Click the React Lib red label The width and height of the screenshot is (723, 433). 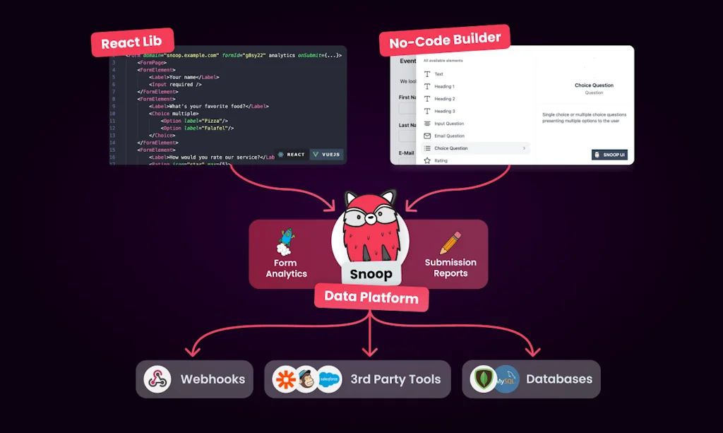pyautogui.click(x=132, y=42)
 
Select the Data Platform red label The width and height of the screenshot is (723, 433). pyautogui.click(x=371, y=297)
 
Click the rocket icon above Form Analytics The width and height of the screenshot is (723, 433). pyautogui.click(x=285, y=242)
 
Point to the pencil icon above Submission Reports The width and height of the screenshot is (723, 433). pyautogui.click(x=450, y=242)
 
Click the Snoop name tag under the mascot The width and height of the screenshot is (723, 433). pyautogui.click(x=371, y=274)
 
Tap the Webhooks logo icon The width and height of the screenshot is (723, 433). pyautogui.click(x=157, y=379)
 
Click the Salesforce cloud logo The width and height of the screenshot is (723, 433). pyautogui.click(x=329, y=379)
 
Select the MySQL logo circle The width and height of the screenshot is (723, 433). pyautogui.click(x=506, y=379)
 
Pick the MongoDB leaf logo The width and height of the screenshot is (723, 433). pyautogui.click(x=484, y=379)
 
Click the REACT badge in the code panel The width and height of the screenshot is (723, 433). pyautogui.click(x=291, y=154)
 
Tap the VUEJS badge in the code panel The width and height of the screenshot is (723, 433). pyautogui.click(x=326, y=154)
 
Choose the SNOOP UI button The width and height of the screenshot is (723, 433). pyautogui.click(x=609, y=154)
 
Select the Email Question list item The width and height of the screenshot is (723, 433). pyautogui.click(x=449, y=136)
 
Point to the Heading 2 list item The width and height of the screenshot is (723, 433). pyautogui.click(x=444, y=99)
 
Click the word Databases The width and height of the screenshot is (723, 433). pyautogui.click(x=558, y=379)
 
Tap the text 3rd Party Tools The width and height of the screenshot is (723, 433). pyautogui.click(x=395, y=379)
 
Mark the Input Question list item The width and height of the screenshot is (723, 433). pyautogui.click(x=449, y=124)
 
